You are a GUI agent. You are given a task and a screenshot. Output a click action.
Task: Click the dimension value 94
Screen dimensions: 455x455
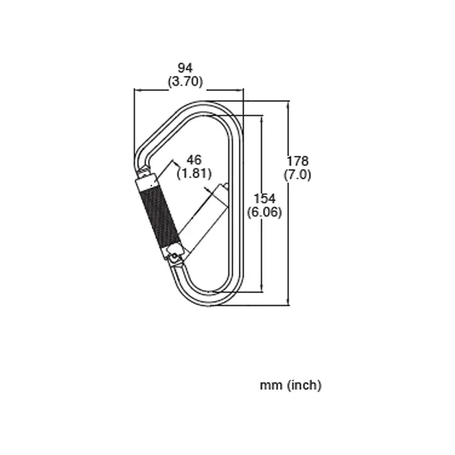tap(185, 68)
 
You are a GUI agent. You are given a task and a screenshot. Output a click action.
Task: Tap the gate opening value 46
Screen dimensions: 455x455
tap(194, 160)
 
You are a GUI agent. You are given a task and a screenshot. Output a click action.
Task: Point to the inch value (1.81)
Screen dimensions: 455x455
tap(194, 173)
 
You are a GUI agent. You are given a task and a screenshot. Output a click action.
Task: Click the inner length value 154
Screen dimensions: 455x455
tap(264, 199)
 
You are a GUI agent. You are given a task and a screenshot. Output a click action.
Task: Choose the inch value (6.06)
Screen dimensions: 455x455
tap(264, 212)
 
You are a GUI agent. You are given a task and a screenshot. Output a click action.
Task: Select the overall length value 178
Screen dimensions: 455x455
tap(297, 161)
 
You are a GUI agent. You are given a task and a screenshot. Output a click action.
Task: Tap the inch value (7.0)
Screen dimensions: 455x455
tap(297, 175)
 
